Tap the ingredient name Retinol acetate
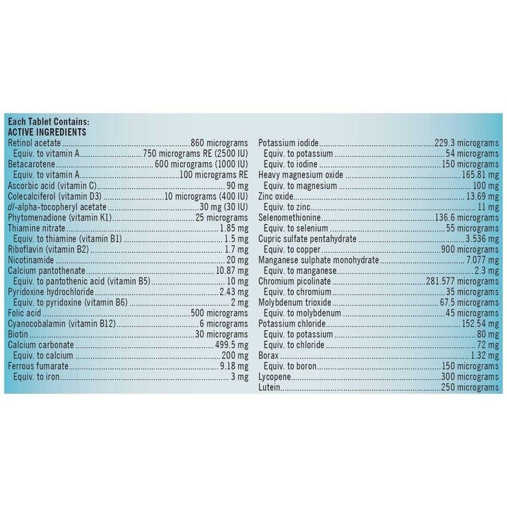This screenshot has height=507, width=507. point(30,143)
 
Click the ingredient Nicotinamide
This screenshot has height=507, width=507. point(28,260)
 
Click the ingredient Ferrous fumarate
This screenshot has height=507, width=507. point(34,367)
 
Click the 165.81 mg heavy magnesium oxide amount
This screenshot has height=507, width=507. point(481,175)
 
